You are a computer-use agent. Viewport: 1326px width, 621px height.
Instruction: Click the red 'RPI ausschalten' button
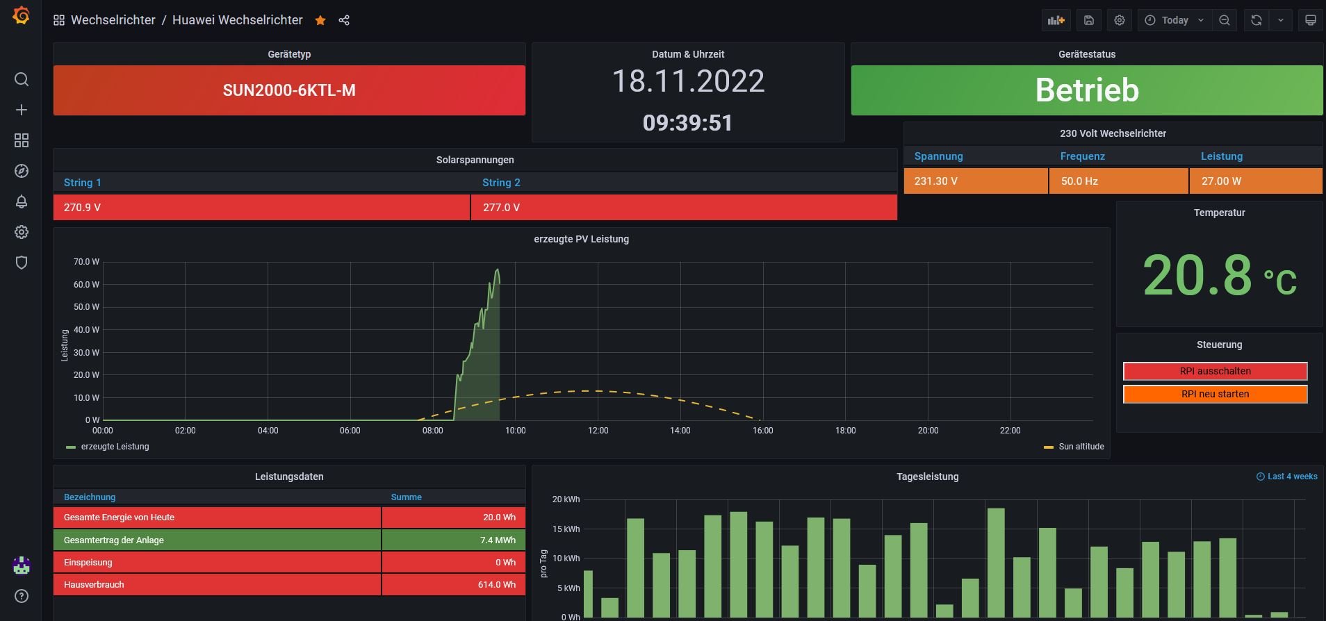pos(1215,371)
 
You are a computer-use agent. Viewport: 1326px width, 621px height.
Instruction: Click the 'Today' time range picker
pos(1174,20)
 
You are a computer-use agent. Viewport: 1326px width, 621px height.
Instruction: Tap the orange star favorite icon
pos(320,20)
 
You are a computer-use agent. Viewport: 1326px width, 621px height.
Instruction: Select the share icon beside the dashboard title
pos(344,20)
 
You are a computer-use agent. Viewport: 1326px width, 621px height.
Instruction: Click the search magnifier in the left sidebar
pos(22,79)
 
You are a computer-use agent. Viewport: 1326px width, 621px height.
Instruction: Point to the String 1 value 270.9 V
pos(82,207)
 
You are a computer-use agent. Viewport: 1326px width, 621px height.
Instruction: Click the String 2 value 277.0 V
pos(501,207)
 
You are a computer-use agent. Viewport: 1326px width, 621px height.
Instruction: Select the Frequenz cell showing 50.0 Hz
pos(1079,181)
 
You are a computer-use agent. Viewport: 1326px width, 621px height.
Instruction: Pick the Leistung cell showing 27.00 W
pos(1221,181)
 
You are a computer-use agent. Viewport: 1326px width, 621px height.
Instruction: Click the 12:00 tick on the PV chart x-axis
pos(598,431)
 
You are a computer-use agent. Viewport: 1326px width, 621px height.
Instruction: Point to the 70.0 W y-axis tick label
pos(86,262)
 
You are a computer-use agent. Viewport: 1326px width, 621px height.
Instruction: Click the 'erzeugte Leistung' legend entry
pos(115,447)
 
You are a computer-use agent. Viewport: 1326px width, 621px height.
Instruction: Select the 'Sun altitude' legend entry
pos(1081,447)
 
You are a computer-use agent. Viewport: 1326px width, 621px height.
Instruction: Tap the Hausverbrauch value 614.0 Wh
pos(496,584)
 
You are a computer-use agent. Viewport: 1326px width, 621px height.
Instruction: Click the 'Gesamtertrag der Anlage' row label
pos(114,540)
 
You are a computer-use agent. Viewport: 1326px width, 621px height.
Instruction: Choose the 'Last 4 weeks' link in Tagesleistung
pos(1291,477)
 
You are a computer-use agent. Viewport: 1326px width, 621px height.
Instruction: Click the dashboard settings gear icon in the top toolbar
pos(1120,20)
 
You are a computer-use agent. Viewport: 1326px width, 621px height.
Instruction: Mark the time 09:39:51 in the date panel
pos(687,123)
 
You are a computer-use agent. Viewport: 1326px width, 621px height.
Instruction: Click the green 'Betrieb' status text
pos(1087,90)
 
